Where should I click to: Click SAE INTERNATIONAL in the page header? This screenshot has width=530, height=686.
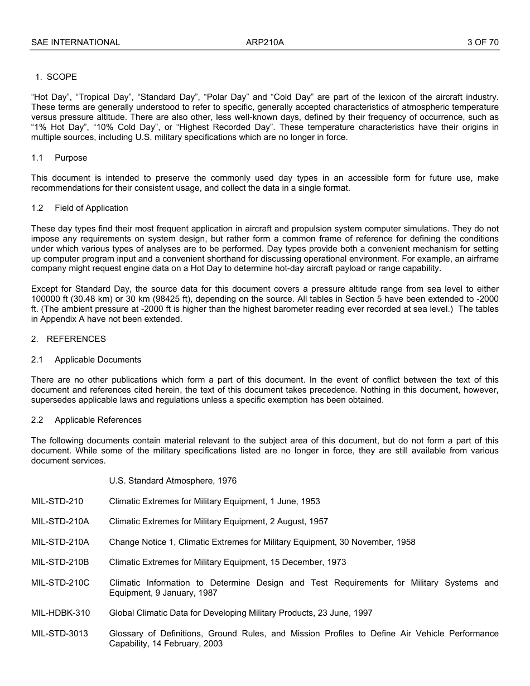tap(75, 42)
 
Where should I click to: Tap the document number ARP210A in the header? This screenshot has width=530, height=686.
tap(265, 42)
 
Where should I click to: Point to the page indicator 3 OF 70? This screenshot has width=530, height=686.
tap(483, 42)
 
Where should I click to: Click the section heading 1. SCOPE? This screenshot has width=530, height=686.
tap(56, 77)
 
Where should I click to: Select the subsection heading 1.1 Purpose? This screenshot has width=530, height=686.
tap(59, 158)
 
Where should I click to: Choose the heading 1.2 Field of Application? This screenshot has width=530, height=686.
tap(80, 208)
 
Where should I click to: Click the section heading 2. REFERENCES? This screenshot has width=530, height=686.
tap(69, 339)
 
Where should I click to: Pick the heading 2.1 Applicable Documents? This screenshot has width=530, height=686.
tap(86, 360)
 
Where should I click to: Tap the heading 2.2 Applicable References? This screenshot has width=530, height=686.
tap(87, 420)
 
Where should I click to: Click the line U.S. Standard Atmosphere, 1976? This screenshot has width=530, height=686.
tap(173, 481)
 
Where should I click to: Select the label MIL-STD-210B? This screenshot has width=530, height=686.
tap(60, 562)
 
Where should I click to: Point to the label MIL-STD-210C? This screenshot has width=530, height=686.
tap(60, 583)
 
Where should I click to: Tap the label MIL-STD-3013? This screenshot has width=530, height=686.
tap(60, 634)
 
